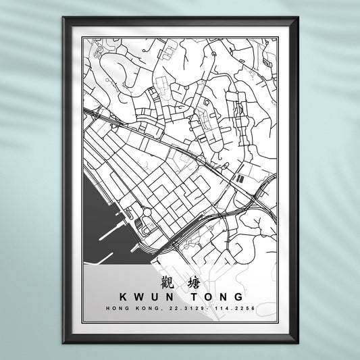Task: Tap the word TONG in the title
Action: (213, 297)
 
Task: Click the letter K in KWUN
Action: (122, 297)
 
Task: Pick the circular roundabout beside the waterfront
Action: (147, 215)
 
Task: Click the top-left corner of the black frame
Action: (63, 18)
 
